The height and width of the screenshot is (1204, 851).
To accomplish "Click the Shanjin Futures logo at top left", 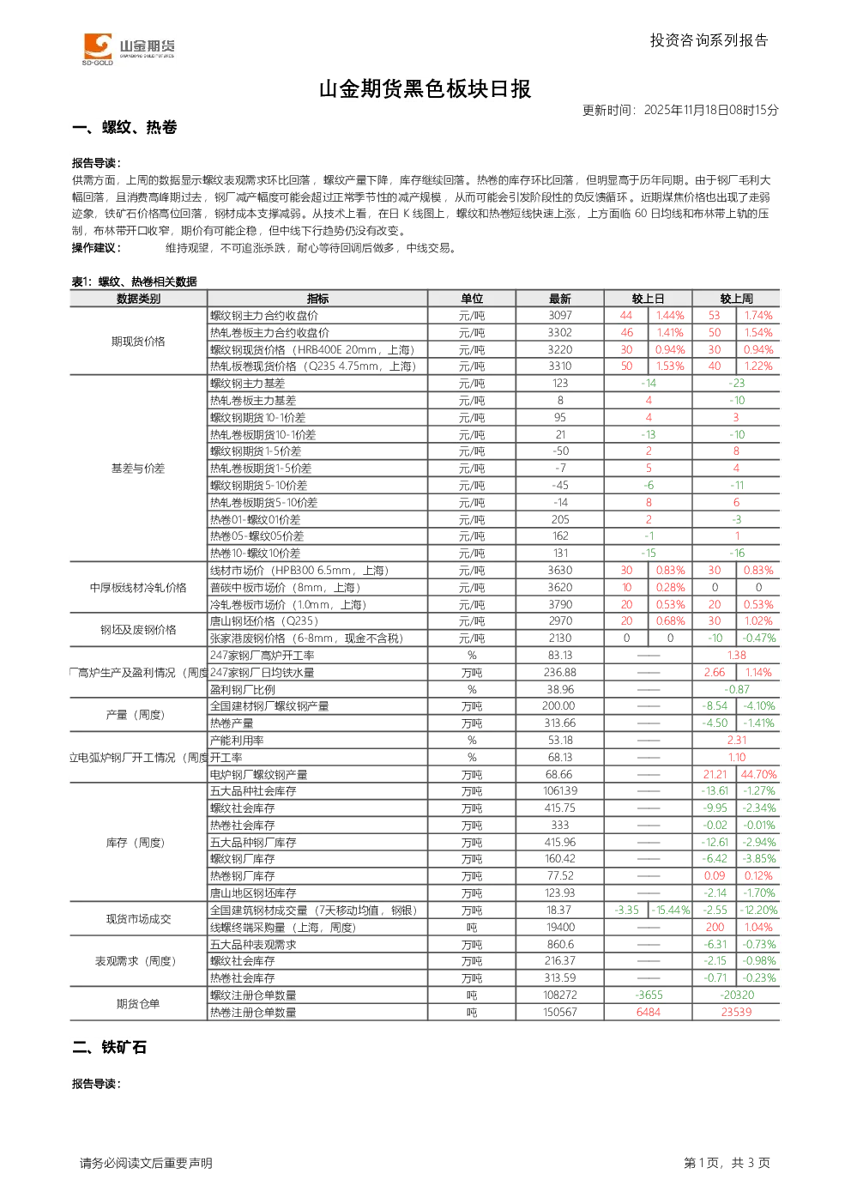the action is (x=129, y=48).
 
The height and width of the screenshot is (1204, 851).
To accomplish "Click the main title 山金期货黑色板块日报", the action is (x=425, y=89).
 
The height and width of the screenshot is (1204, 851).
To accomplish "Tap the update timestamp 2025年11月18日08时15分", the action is (x=711, y=110).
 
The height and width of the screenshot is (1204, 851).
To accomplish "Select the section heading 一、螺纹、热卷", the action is (x=124, y=127).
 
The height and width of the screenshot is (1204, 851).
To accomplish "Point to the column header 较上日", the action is (x=648, y=299).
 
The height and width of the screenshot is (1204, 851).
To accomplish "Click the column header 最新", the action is (x=560, y=299).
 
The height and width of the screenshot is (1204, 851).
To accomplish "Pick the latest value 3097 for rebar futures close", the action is (x=560, y=316).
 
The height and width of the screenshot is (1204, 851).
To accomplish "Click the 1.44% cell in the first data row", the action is (x=670, y=316).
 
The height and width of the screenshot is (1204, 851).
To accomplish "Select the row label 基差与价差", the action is (x=138, y=469).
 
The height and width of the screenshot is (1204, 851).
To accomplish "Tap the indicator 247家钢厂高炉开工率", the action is (x=263, y=656).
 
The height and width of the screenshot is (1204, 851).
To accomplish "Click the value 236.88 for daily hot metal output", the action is (x=560, y=673).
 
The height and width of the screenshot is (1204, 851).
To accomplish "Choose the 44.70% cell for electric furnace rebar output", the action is (x=758, y=775).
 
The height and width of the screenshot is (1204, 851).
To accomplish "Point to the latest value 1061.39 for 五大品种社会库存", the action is (x=560, y=791).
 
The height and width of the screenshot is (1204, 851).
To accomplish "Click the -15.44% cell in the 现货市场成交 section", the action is (x=671, y=911).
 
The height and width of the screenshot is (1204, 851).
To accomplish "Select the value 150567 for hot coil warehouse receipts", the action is (x=560, y=1013).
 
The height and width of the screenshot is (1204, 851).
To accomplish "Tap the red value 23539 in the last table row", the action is (x=736, y=1013).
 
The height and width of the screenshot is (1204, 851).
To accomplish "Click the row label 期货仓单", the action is (x=138, y=1004).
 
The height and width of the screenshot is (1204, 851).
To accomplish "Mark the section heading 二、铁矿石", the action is (x=110, y=1047).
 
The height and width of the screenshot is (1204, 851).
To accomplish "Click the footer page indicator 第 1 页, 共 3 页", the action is (x=727, y=1163).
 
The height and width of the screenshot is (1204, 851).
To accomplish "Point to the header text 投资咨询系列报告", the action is (x=709, y=40).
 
